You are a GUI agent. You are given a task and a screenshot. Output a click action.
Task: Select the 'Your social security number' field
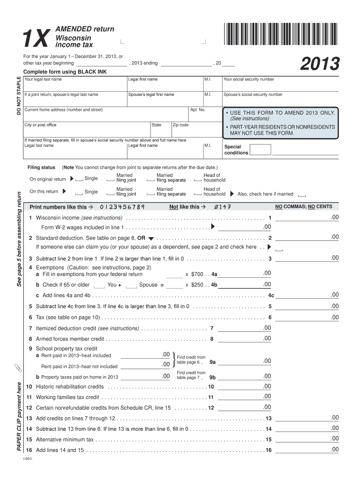(x=281, y=85)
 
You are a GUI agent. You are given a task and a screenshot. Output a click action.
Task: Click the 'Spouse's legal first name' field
(x=165, y=100)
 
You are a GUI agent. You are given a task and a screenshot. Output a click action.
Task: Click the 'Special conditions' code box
(x=260, y=150)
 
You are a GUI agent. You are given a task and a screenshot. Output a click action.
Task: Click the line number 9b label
(x=212, y=377)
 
